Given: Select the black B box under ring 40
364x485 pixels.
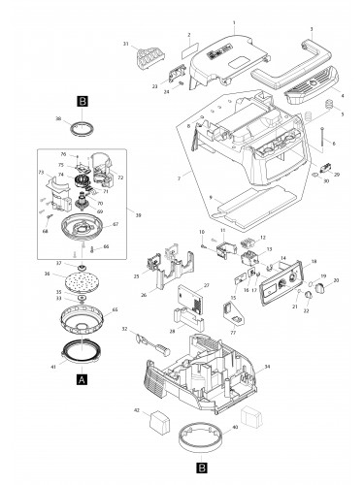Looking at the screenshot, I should pyautogui.click(x=200, y=466).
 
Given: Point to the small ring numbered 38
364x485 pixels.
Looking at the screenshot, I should pyautogui.click(x=86, y=126).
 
